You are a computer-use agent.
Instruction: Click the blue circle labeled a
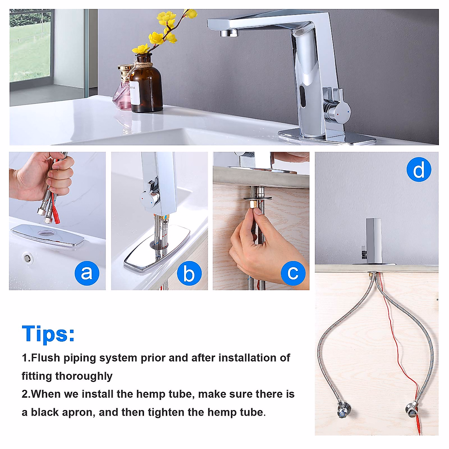[86, 273]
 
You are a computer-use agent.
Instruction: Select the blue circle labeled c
[293, 273]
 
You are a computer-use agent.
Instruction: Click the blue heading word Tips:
[48, 334]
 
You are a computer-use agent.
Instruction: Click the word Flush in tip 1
[45, 358]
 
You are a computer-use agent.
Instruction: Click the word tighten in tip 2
[167, 412]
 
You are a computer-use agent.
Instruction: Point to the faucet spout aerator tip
[229, 34]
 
